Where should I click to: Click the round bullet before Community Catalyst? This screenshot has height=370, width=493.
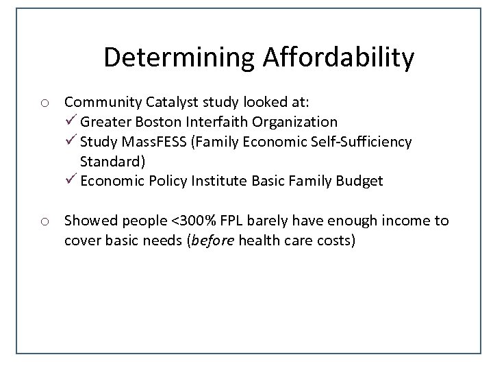44,103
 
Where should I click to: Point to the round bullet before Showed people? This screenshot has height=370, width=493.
44,221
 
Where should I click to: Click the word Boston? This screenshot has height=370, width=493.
166,122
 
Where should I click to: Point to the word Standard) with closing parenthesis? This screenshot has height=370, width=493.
112,162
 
